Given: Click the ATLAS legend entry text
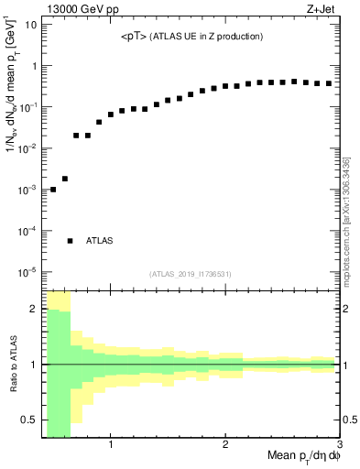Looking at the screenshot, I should coord(100,241).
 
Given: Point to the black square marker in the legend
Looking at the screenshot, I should coord(70,241).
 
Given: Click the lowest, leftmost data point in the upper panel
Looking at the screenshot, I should coord(53,190).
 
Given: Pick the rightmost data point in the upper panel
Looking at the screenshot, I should coord(329,83).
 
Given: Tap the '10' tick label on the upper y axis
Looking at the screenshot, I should coord(31,25).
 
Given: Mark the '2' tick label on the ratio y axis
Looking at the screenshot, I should coord(34,309).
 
